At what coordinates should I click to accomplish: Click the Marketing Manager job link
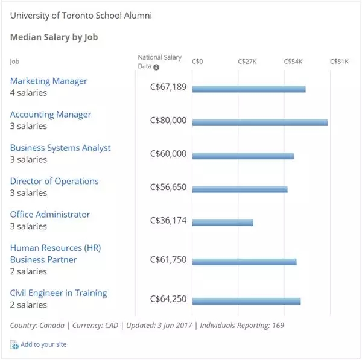(x=49, y=81)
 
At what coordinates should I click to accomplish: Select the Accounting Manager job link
(x=51, y=115)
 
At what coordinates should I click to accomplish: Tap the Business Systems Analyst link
(x=60, y=148)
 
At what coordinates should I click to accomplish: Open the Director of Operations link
(x=54, y=181)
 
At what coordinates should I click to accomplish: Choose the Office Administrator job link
(x=50, y=214)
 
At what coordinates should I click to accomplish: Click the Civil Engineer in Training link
(x=59, y=293)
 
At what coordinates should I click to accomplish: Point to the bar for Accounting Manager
(x=259, y=122)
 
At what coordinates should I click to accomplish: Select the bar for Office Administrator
(x=223, y=223)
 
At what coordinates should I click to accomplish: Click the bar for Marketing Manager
(x=249, y=89)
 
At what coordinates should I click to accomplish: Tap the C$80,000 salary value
(x=168, y=120)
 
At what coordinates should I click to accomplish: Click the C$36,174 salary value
(x=168, y=220)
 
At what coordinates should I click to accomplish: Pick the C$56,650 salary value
(x=168, y=187)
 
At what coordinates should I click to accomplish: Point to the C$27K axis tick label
(x=247, y=62)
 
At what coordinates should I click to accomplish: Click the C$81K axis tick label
(x=339, y=62)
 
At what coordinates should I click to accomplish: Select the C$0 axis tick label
(x=197, y=62)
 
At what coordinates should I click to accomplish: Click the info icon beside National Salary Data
(x=157, y=67)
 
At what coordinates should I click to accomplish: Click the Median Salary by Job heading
(x=54, y=37)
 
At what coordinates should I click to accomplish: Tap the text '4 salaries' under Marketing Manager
(x=28, y=93)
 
